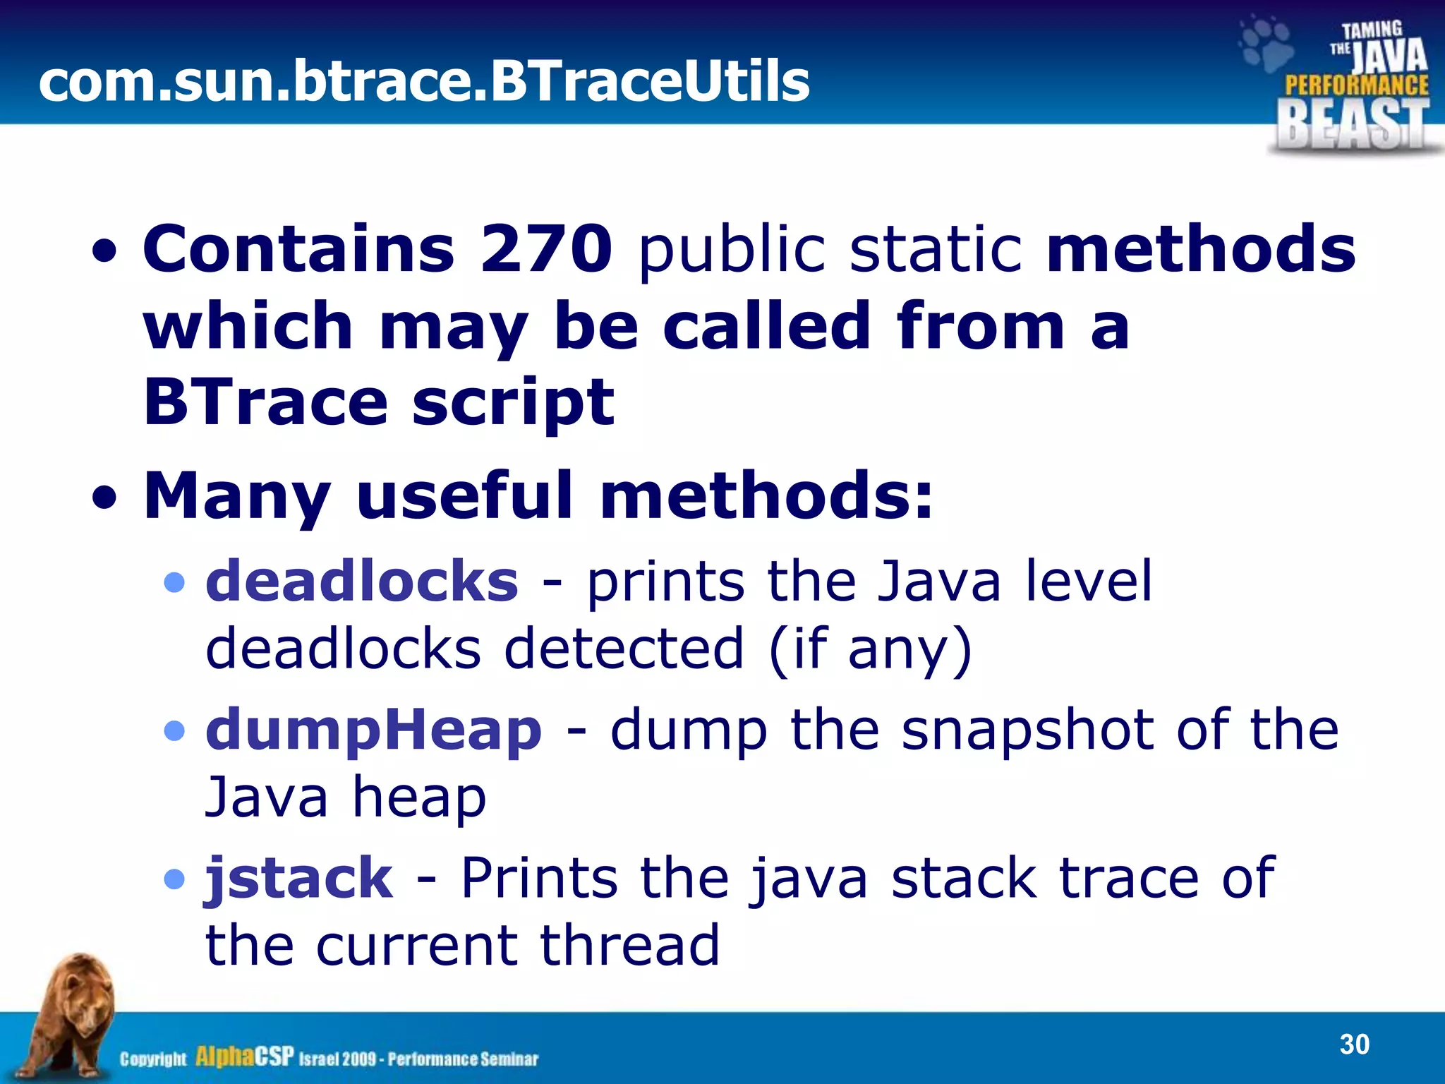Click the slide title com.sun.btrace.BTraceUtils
coord(423,81)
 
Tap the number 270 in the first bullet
coord(546,248)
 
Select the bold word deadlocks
coord(362,581)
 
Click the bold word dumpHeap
coord(374,730)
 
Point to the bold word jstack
coord(298,878)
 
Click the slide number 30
coord(1354,1044)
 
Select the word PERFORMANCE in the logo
coord(1356,86)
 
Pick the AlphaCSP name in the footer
coord(244,1056)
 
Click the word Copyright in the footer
coord(153,1059)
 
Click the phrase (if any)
coord(871,649)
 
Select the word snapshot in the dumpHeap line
coord(1027,730)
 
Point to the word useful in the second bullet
coord(465,495)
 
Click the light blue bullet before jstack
coord(174,879)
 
